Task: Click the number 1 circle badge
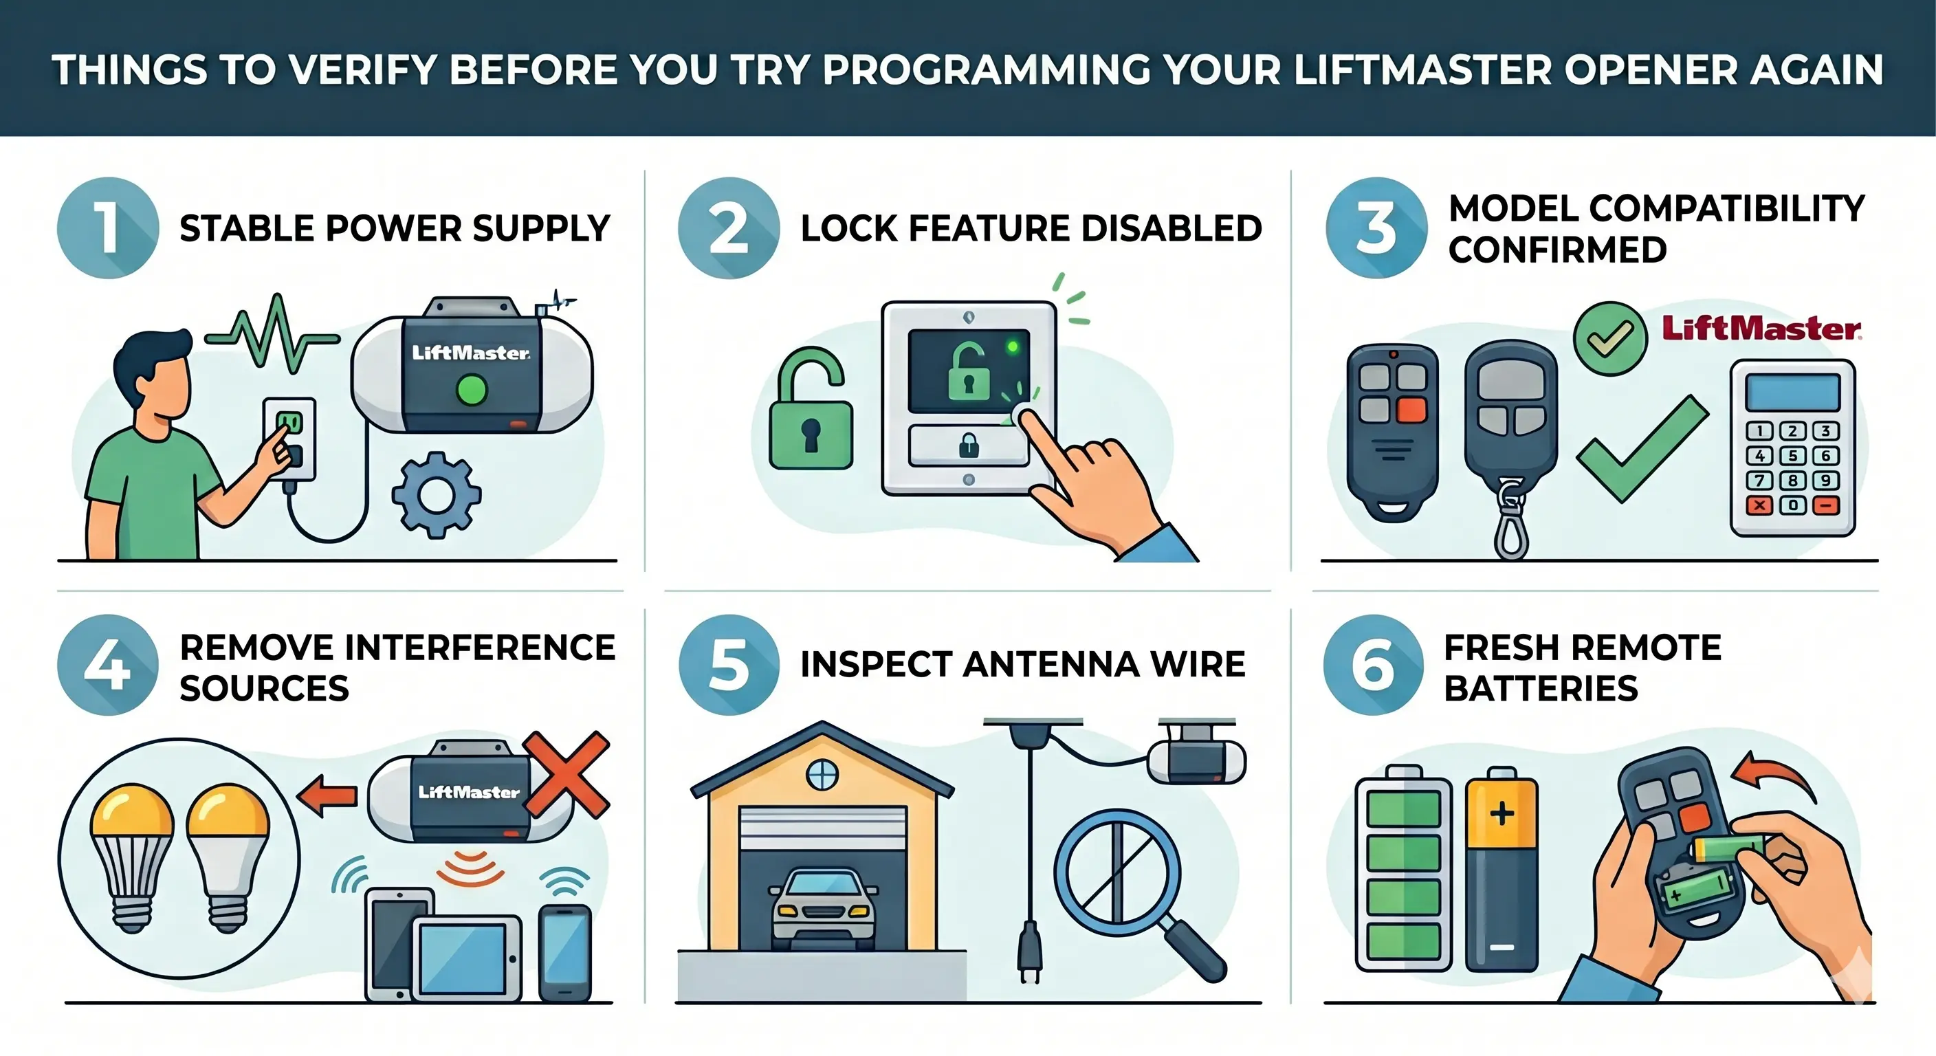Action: point(107,228)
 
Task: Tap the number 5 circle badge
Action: point(728,664)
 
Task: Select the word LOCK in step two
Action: point(848,228)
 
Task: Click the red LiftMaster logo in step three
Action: point(1761,329)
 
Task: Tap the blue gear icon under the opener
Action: point(436,494)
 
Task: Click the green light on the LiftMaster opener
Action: point(472,390)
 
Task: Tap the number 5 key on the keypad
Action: point(1792,456)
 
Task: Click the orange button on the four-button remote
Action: point(1411,410)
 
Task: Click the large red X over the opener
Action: point(566,773)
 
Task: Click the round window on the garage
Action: point(822,775)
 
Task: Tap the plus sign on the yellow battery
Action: point(1501,813)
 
